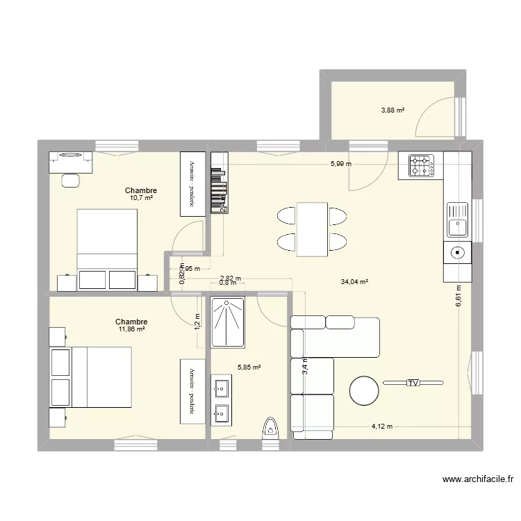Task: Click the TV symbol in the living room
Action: coord(413,383)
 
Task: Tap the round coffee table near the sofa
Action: coord(365,390)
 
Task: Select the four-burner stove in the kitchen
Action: coord(421,165)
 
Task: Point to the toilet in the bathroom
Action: coord(271,427)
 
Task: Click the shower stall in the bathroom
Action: coord(228,322)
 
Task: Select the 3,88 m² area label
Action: coord(392,110)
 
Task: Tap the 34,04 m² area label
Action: coord(354,282)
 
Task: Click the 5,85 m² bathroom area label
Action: coord(249,367)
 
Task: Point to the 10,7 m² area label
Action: coord(140,198)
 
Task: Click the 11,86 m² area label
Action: coord(131,329)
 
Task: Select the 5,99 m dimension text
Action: coord(341,164)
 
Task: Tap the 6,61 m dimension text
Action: coord(458,297)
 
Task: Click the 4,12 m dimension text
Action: coord(381,427)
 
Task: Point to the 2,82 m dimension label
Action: coord(230,278)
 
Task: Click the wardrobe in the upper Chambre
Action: coord(190,180)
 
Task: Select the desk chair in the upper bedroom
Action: coord(70,180)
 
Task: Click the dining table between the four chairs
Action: coord(313,229)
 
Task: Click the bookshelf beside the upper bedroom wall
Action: coord(220,183)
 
